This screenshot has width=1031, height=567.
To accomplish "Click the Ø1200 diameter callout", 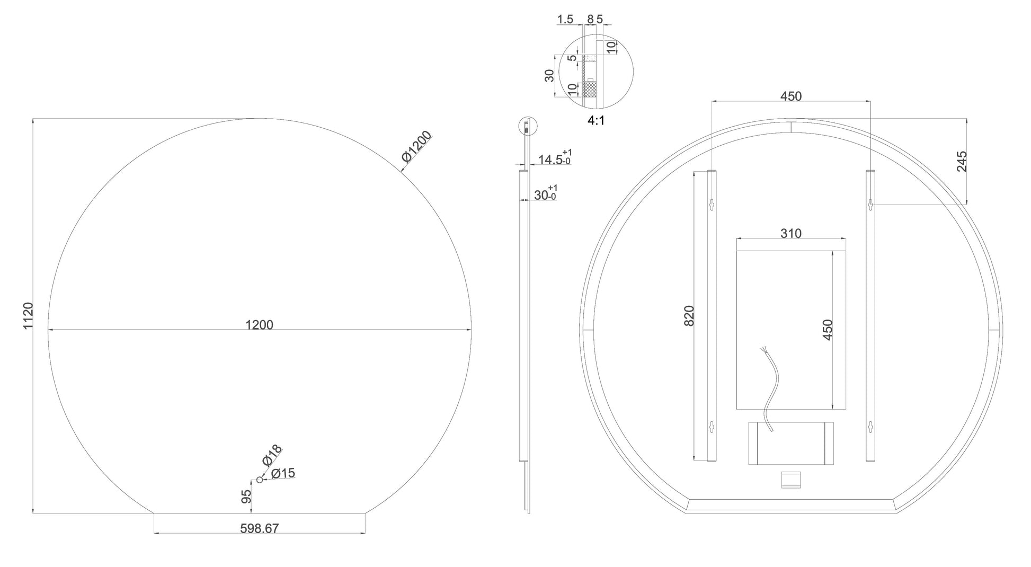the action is click(417, 146).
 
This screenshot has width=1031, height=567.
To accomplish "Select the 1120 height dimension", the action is click(28, 315).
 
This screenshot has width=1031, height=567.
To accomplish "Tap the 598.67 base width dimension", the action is click(259, 528).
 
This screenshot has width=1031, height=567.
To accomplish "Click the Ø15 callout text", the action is click(283, 473).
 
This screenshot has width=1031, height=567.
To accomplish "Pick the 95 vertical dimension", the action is click(246, 497).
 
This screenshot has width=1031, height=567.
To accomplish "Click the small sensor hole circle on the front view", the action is click(259, 480).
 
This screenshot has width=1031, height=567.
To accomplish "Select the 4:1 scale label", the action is click(596, 121).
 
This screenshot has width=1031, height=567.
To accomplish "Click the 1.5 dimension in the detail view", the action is click(565, 20).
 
